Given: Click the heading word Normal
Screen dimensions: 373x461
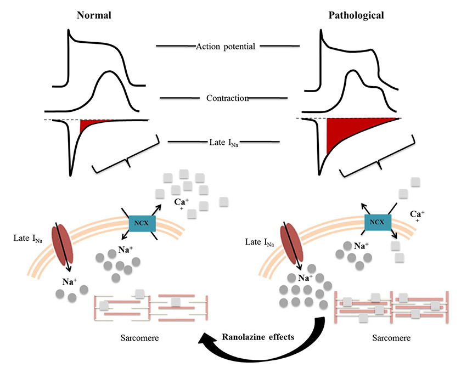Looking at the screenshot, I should pos(93,15).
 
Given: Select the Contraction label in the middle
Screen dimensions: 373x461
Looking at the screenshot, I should pos(228,98).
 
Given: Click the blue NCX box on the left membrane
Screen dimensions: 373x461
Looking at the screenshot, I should pos(142,223).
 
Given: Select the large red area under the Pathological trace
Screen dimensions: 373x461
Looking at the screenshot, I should pos(346,134).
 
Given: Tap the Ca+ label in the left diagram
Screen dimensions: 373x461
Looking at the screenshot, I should pos(182,204).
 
